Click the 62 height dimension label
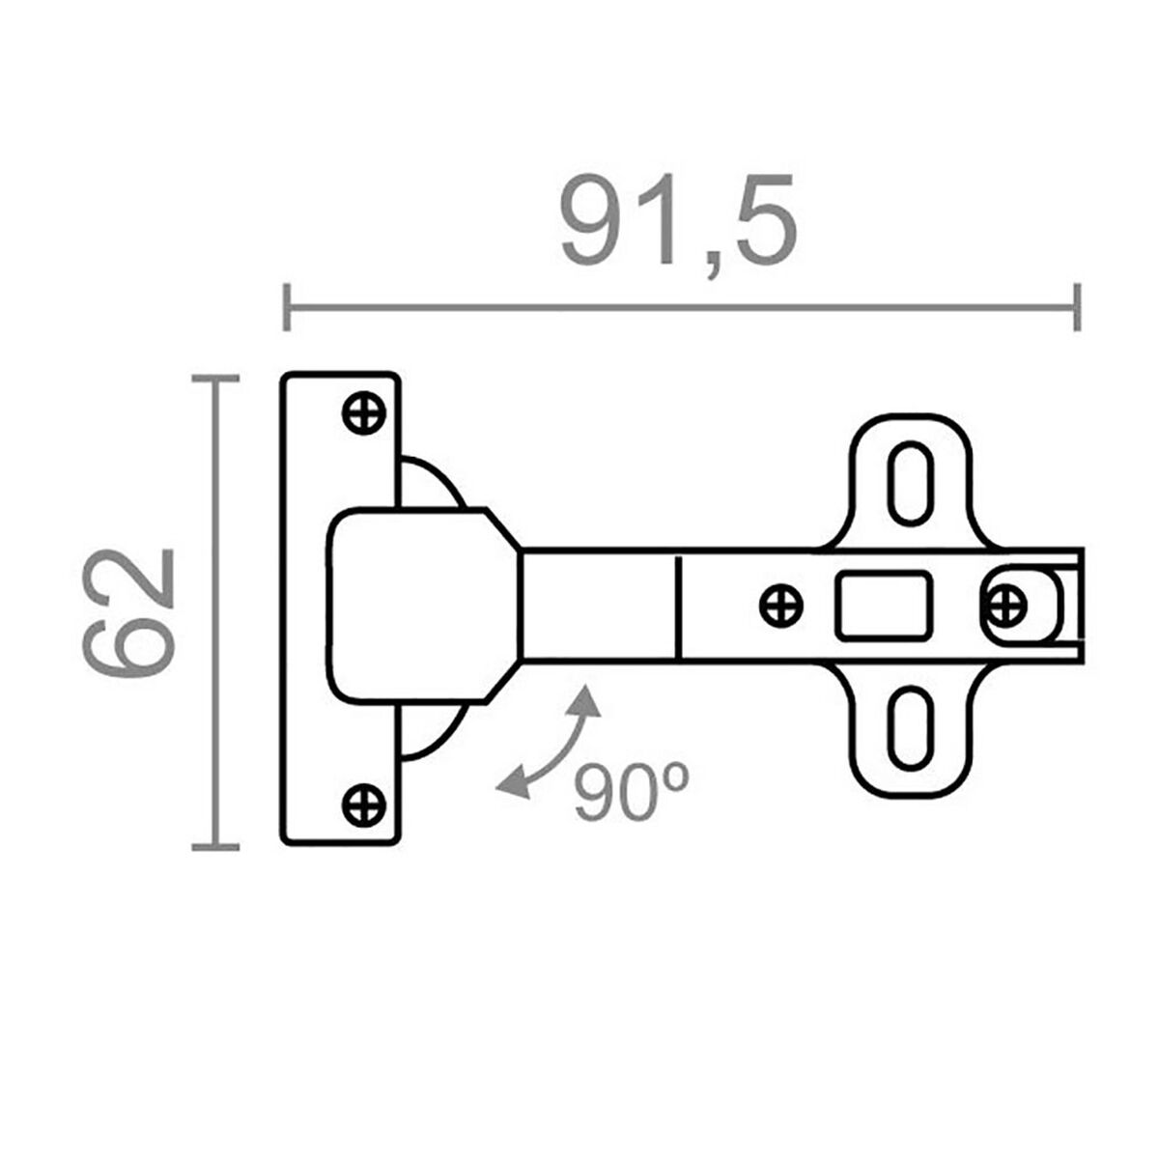pyautogui.click(x=129, y=612)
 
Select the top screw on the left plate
pyautogui.click(x=364, y=414)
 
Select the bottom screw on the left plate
pyautogui.click(x=364, y=804)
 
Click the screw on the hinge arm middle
pyautogui.click(x=780, y=607)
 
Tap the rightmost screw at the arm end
pyautogui.click(x=1005, y=606)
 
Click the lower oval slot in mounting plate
pyautogui.click(x=909, y=728)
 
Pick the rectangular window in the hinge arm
pyautogui.click(x=885, y=606)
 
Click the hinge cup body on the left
pyautogui.click(x=410, y=605)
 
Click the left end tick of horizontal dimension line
pyautogui.click(x=286, y=307)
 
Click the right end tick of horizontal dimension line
pyautogui.click(x=1077, y=307)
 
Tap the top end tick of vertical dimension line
pyautogui.click(x=214, y=379)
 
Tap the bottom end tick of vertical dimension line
pyautogui.click(x=214, y=847)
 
